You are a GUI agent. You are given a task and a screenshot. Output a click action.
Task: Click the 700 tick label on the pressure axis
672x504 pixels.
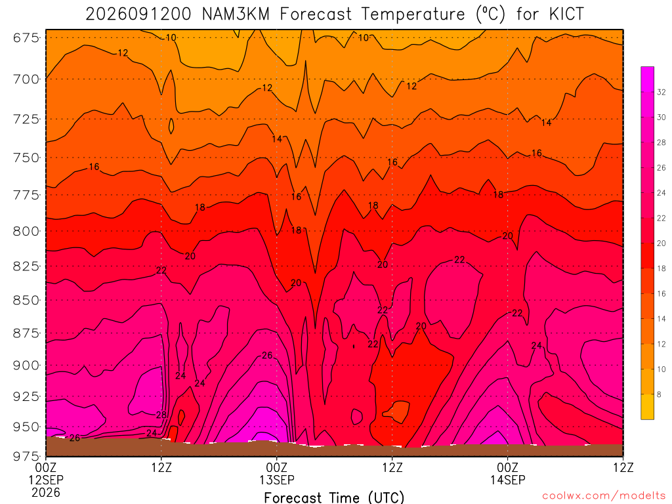pyautogui.click(x=26, y=79)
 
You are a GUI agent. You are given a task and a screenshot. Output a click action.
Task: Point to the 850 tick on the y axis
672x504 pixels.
pyautogui.click(x=26, y=301)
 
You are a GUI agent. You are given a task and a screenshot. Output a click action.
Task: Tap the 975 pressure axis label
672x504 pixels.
pyautogui.click(x=26, y=456)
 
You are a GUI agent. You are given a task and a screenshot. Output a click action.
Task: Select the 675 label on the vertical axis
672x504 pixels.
pyautogui.click(x=26, y=38)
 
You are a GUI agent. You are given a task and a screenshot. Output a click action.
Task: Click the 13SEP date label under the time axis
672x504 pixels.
pyautogui.click(x=277, y=480)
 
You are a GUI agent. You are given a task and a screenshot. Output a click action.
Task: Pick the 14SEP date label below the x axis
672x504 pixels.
pyautogui.click(x=508, y=480)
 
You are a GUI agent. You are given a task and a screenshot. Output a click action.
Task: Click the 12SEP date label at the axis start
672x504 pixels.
pyautogui.click(x=46, y=480)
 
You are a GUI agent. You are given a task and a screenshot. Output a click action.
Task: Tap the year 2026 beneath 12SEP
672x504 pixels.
pyautogui.click(x=46, y=493)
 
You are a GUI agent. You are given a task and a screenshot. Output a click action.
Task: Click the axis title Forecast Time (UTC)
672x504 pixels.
pyautogui.click(x=334, y=498)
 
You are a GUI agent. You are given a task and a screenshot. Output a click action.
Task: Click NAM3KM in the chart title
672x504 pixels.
pyautogui.click(x=236, y=14)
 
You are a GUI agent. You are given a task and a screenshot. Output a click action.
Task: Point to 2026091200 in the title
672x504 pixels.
pyautogui.click(x=138, y=14)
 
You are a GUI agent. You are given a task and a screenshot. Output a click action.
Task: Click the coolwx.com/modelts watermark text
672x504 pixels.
pyautogui.click(x=604, y=496)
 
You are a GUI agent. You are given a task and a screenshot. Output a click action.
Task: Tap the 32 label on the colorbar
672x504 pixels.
pyautogui.click(x=661, y=92)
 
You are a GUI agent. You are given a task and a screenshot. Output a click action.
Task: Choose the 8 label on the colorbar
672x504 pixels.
pyautogui.click(x=659, y=394)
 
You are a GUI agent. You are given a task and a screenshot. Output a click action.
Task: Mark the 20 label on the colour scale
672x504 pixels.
pyautogui.click(x=661, y=243)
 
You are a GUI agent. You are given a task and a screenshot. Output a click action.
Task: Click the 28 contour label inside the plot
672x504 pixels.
pyautogui.click(x=161, y=415)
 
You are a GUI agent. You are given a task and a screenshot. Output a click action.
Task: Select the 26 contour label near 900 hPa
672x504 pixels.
pyautogui.click(x=267, y=355)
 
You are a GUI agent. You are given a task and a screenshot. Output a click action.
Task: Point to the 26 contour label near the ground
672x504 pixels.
pyautogui.click(x=75, y=438)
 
